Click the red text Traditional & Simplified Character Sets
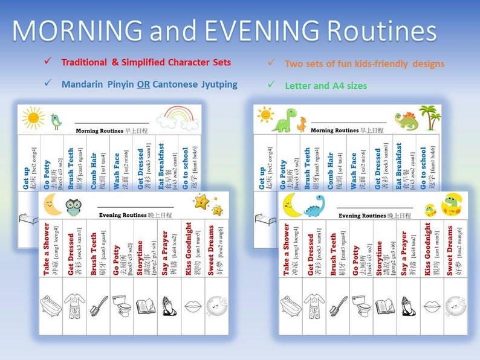coord(146,62)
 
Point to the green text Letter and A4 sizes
coord(326,86)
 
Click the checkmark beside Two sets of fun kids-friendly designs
coord(271,63)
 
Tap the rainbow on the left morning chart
coord(182,118)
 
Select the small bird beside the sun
coord(56,121)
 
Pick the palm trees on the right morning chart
coord(430,118)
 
